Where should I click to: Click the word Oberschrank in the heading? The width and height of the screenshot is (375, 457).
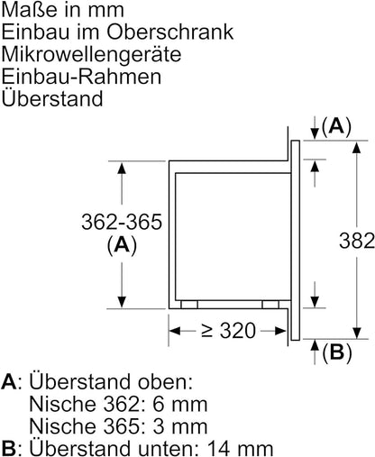(170, 32)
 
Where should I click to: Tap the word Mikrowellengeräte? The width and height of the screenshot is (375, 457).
(91, 54)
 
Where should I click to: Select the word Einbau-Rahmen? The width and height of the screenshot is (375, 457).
(81, 77)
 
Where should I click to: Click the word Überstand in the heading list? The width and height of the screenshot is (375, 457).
(52, 97)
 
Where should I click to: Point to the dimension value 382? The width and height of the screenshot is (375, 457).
(357, 241)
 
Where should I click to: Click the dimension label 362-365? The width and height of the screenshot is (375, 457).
(122, 222)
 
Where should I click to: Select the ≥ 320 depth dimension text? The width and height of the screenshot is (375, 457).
(228, 331)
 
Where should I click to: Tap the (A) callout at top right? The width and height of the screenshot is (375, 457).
(336, 126)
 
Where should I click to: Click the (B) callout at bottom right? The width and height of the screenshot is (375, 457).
(337, 352)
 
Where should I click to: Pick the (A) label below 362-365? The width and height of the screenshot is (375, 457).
(122, 245)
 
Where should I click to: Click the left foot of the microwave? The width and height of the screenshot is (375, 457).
(189, 305)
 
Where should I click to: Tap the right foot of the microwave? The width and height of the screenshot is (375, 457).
(270, 305)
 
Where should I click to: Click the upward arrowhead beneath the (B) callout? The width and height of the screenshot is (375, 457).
(315, 345)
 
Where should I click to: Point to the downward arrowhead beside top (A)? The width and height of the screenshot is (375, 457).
(315, 133)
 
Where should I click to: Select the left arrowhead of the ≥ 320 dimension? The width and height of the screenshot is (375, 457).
(175, 331)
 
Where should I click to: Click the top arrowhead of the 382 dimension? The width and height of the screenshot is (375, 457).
(357, 148)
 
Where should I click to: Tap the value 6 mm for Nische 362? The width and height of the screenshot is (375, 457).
(180, 404)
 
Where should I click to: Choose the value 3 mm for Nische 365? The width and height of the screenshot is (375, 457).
(180, 426)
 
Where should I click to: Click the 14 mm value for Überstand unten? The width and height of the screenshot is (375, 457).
(240, 448)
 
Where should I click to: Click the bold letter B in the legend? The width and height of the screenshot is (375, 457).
(9, 448)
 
